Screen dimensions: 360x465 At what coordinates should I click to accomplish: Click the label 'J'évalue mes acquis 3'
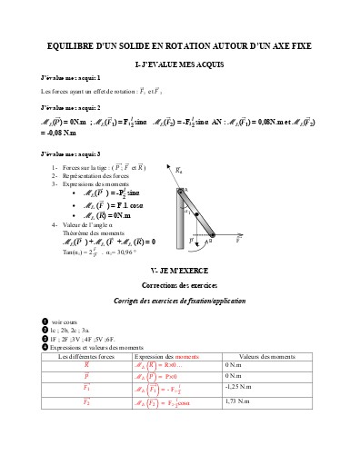pos(71,153)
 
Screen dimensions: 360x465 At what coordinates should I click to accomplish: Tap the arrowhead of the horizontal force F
pos(238,242)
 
